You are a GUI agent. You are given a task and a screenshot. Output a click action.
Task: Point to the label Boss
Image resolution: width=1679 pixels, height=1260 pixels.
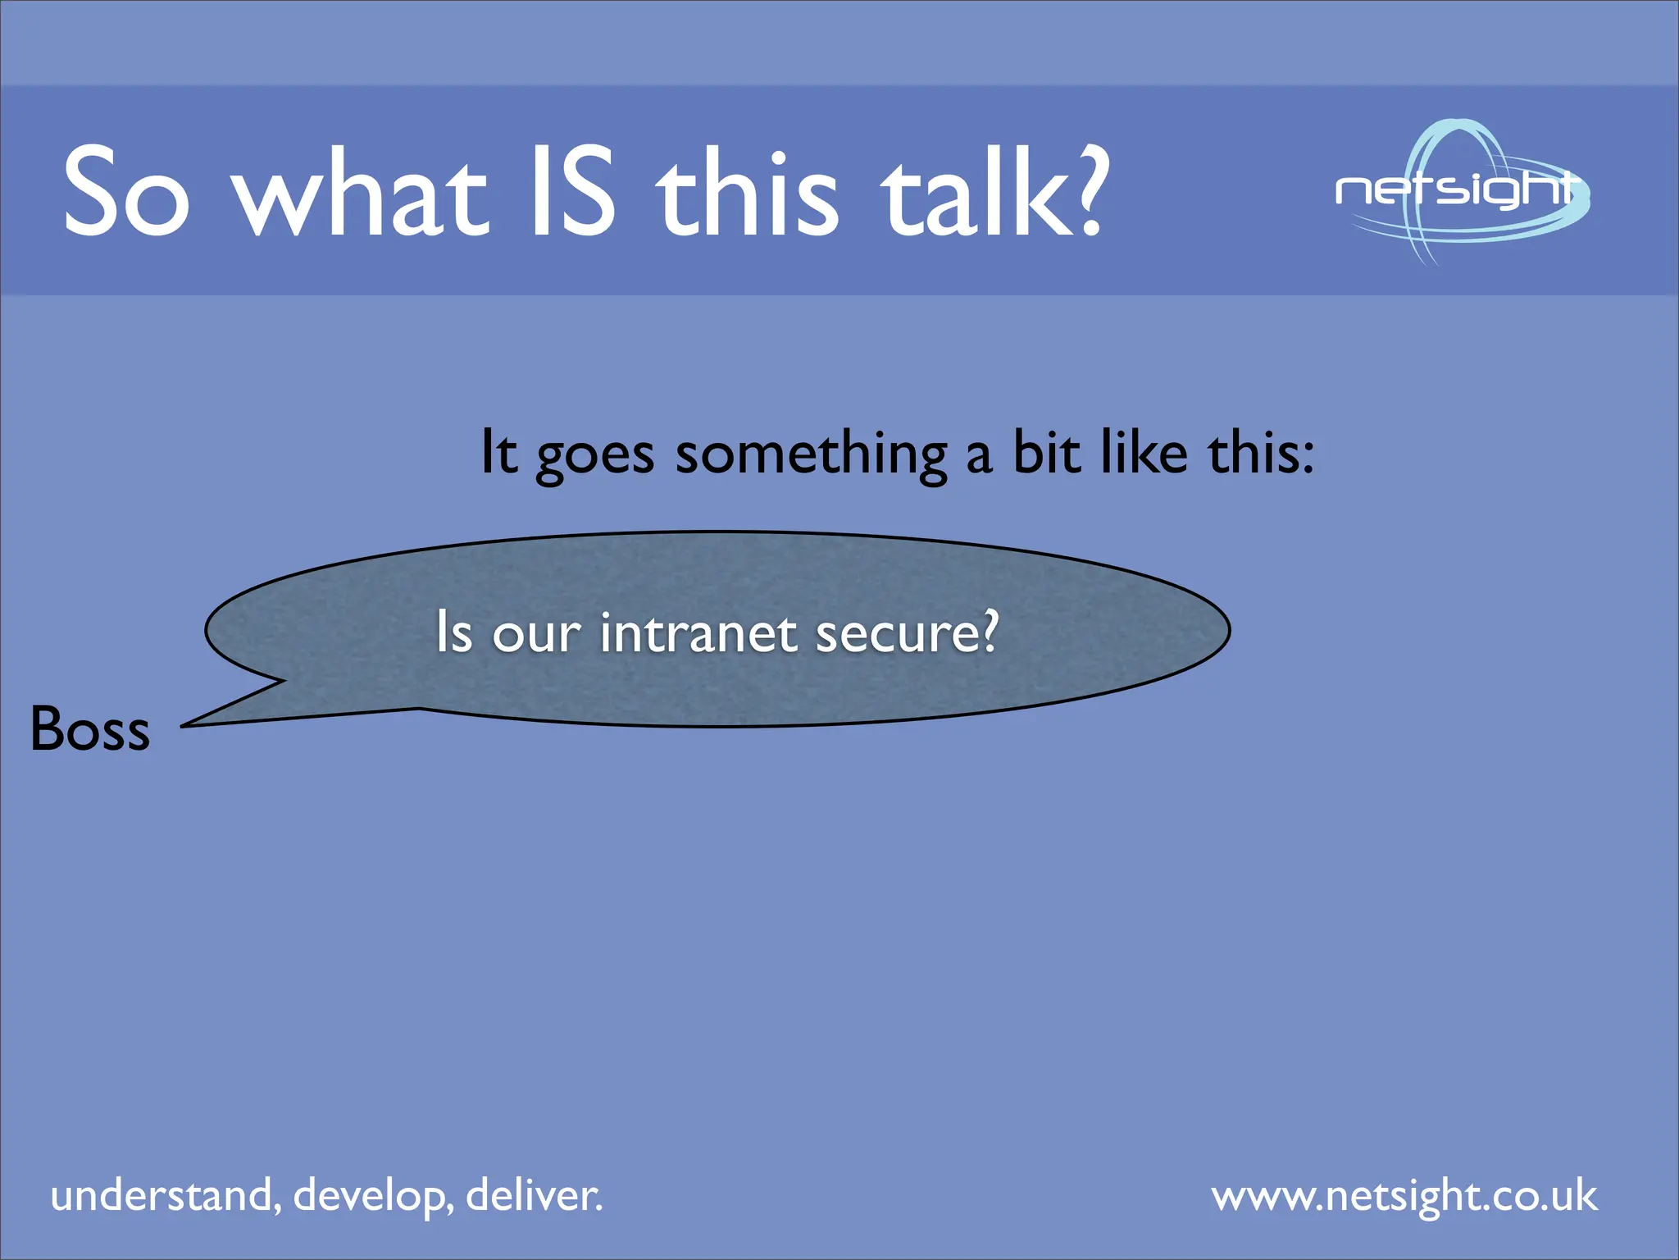pyautogui.click(x=90, y=728)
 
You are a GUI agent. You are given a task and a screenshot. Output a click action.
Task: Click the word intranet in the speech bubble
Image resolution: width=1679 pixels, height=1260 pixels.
pyautogui.click(x=698, y=633)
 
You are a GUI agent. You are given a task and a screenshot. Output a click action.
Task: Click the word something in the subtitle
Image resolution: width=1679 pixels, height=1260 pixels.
pyautogui.click(x=811, y=454)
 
